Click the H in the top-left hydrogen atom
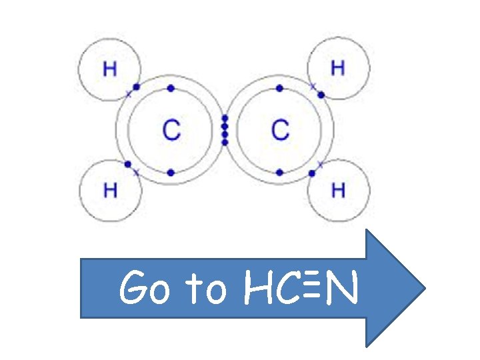(x=110, y=69)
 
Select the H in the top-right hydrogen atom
(x=338, y=68)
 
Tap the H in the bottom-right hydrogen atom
(x=338, y=190)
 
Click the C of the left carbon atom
(x=171, y=129)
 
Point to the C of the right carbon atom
(x=281, y=129)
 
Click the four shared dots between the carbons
(x=225, y=129)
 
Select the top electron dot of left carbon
(x=171, y=88)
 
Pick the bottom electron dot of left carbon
(x=171, y=172)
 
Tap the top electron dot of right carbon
(x=279, y=88)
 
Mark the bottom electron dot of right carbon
(x=279, y=172)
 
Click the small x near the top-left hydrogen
(x=129, y=94)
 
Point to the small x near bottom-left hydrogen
(x=136, y=173)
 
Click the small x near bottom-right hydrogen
(x=320, y=164)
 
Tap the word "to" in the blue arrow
(x=207, y=290)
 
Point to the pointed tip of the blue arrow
(x=424, y=288)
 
